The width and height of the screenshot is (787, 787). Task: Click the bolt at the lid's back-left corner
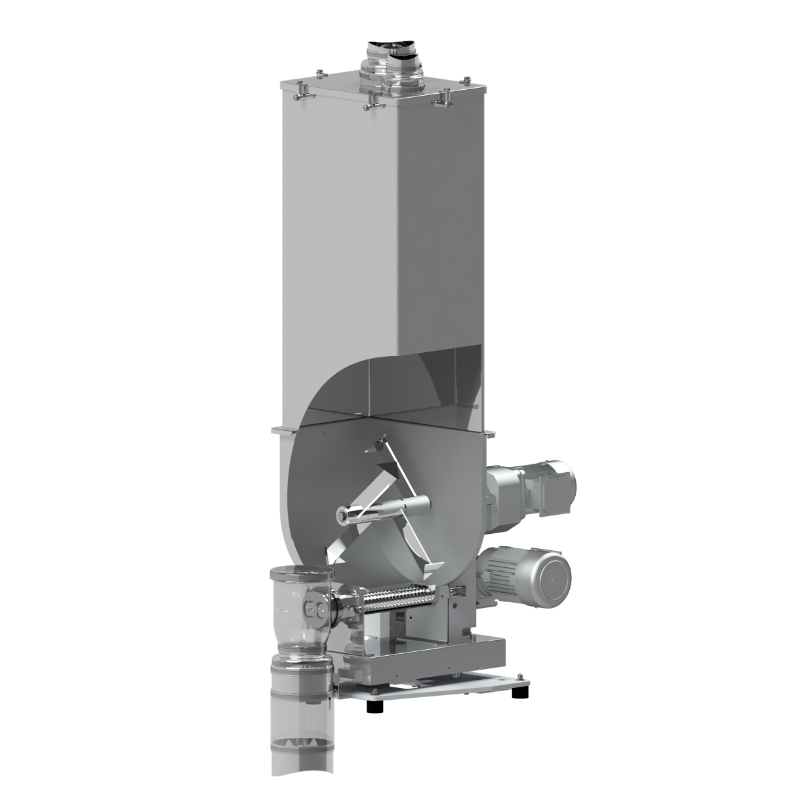tap(319, 71)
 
